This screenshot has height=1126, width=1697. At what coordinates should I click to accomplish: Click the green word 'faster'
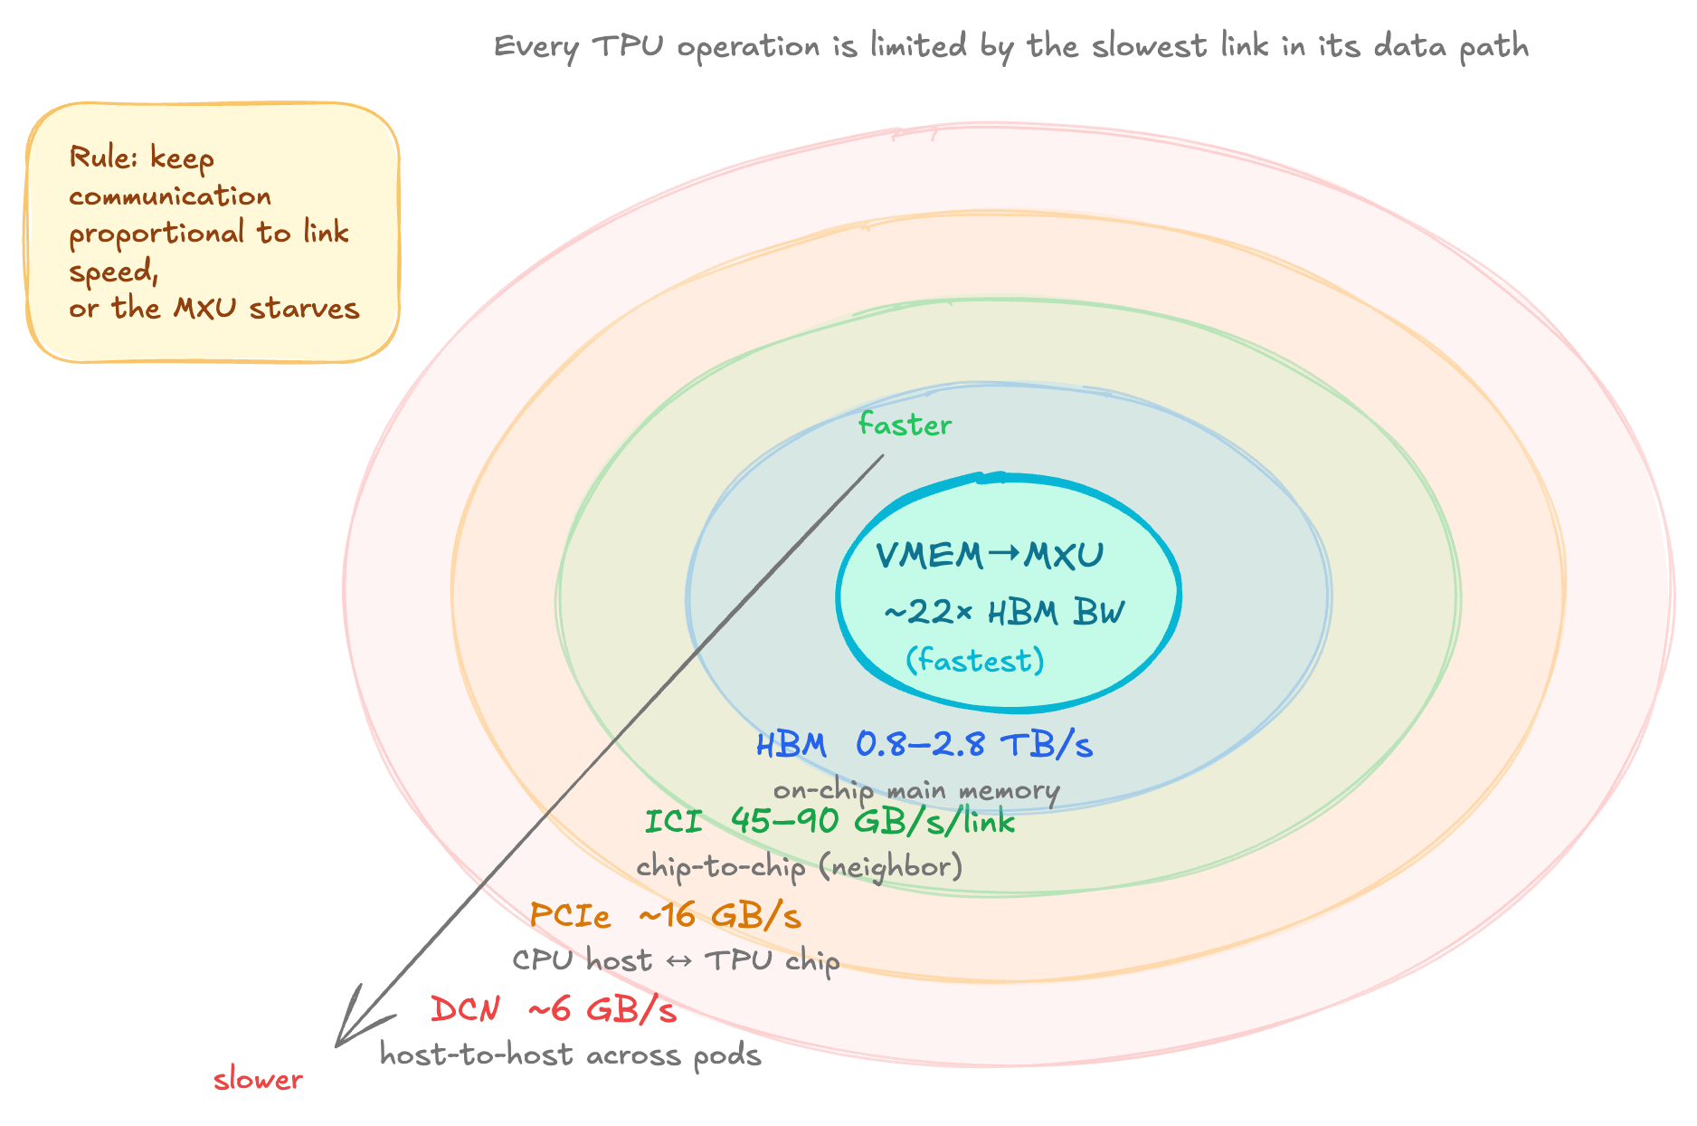point(905,425)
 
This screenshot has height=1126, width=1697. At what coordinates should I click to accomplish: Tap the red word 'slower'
point(258,1079)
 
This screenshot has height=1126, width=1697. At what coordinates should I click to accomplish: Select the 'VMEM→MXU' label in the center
point(990,555)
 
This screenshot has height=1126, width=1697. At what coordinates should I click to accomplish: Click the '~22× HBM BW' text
point(1003,613)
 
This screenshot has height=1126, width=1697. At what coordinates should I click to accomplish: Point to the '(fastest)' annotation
point(975,660)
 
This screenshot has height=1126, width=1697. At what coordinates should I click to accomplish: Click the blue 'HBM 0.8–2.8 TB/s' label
point(924,745)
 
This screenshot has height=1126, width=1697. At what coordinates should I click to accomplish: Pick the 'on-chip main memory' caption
point(915,790)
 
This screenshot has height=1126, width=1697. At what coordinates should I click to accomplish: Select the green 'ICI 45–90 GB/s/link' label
point(830,821)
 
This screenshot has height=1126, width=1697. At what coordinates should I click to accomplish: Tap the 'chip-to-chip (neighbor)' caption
point(800,866)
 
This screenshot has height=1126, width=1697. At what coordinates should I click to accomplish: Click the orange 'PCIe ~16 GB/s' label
point(665,915)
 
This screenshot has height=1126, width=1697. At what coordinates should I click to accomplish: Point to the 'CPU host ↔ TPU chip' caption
point(676,959)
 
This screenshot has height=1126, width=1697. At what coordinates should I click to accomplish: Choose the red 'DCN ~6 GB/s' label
point(553,1008)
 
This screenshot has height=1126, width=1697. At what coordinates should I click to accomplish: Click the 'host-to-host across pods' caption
point(570,1054)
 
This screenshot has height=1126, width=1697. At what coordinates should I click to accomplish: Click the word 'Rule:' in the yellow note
point(101,157)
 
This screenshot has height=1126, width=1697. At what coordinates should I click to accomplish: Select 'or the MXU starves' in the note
point(214,308)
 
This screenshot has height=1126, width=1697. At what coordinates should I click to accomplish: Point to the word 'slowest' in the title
point(1149,45)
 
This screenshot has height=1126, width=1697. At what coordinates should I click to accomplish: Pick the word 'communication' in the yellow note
point(170,196)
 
